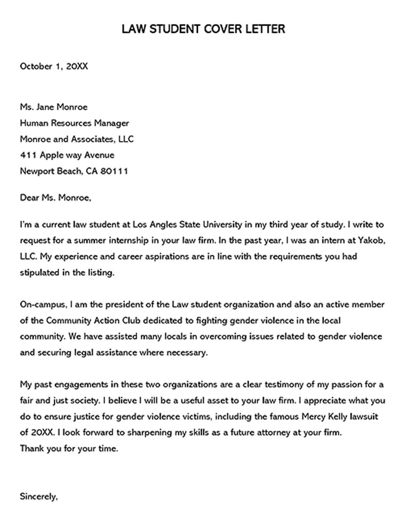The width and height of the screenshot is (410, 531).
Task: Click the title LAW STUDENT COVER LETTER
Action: [203, 29]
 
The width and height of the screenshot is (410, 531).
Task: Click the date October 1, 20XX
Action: [53, 66]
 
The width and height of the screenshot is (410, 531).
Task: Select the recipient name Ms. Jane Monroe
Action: [54, 107]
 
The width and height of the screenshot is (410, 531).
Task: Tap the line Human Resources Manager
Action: [74, 123]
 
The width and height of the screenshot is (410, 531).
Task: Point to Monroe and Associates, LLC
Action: [77, 139]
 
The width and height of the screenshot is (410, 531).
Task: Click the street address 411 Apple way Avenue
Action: [67, 155]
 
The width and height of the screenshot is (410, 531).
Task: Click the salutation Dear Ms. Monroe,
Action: [55, 197]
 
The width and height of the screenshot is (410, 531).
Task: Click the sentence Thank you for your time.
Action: [69, 448]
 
